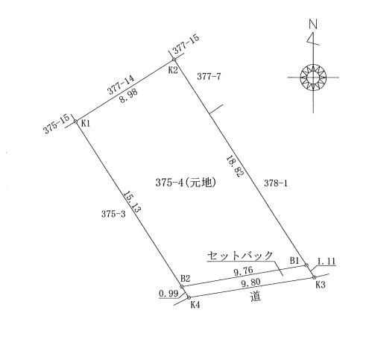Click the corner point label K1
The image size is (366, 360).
[x=86, y=124]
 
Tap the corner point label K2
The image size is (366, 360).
[x=173, y=70]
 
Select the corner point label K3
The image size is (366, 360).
[x=321, y=285]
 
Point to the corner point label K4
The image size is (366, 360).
[x=195, y=305]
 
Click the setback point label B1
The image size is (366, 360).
[x=294, y=261]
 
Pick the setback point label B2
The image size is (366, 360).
[x=186, y=278]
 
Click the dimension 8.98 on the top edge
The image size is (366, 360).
[x=128, y=96]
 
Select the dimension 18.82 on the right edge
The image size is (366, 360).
[x=234, y=166]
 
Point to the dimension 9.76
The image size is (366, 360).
[x=244, y=271]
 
